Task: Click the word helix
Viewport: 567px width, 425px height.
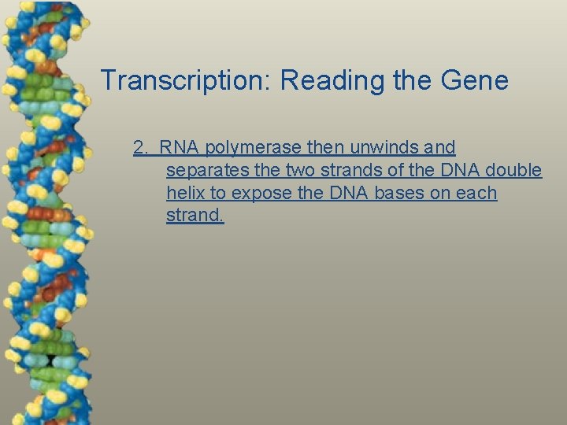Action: tap(185, 193)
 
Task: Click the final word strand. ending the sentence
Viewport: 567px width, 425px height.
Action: tap(195, 216)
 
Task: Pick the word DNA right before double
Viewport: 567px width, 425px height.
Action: tap(463, 170)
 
